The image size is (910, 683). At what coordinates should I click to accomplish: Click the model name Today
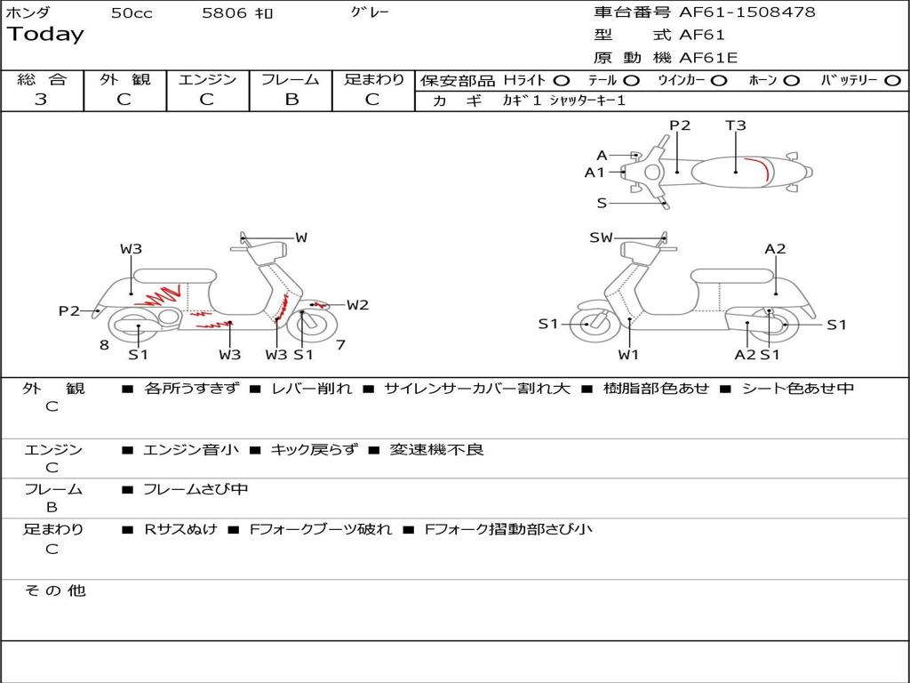point(45,35)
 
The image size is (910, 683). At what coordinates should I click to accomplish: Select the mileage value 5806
point(226,12)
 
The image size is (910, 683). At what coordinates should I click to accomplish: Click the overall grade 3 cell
point(41,99)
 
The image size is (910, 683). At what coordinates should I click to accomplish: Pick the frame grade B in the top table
point(291,99)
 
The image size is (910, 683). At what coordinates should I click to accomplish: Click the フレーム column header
point(290,80)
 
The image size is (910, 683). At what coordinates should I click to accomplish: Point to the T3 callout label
point(735,125)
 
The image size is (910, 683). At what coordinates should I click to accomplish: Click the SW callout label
point(601,237)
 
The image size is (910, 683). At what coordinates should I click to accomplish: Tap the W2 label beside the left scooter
point(357,305)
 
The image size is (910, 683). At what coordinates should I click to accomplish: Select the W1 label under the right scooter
point(628,355)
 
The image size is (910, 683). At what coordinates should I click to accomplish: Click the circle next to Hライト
point(562,81)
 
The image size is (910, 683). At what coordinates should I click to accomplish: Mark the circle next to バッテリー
point(892,81)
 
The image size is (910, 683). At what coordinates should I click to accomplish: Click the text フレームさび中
point(196,489)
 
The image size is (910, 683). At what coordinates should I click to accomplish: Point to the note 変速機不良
point(436,449)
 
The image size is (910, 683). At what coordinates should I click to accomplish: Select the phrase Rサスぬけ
point(180,529)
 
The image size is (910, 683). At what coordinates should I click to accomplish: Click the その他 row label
point(54,591)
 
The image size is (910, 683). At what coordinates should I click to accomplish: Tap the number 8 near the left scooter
point(104,345)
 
